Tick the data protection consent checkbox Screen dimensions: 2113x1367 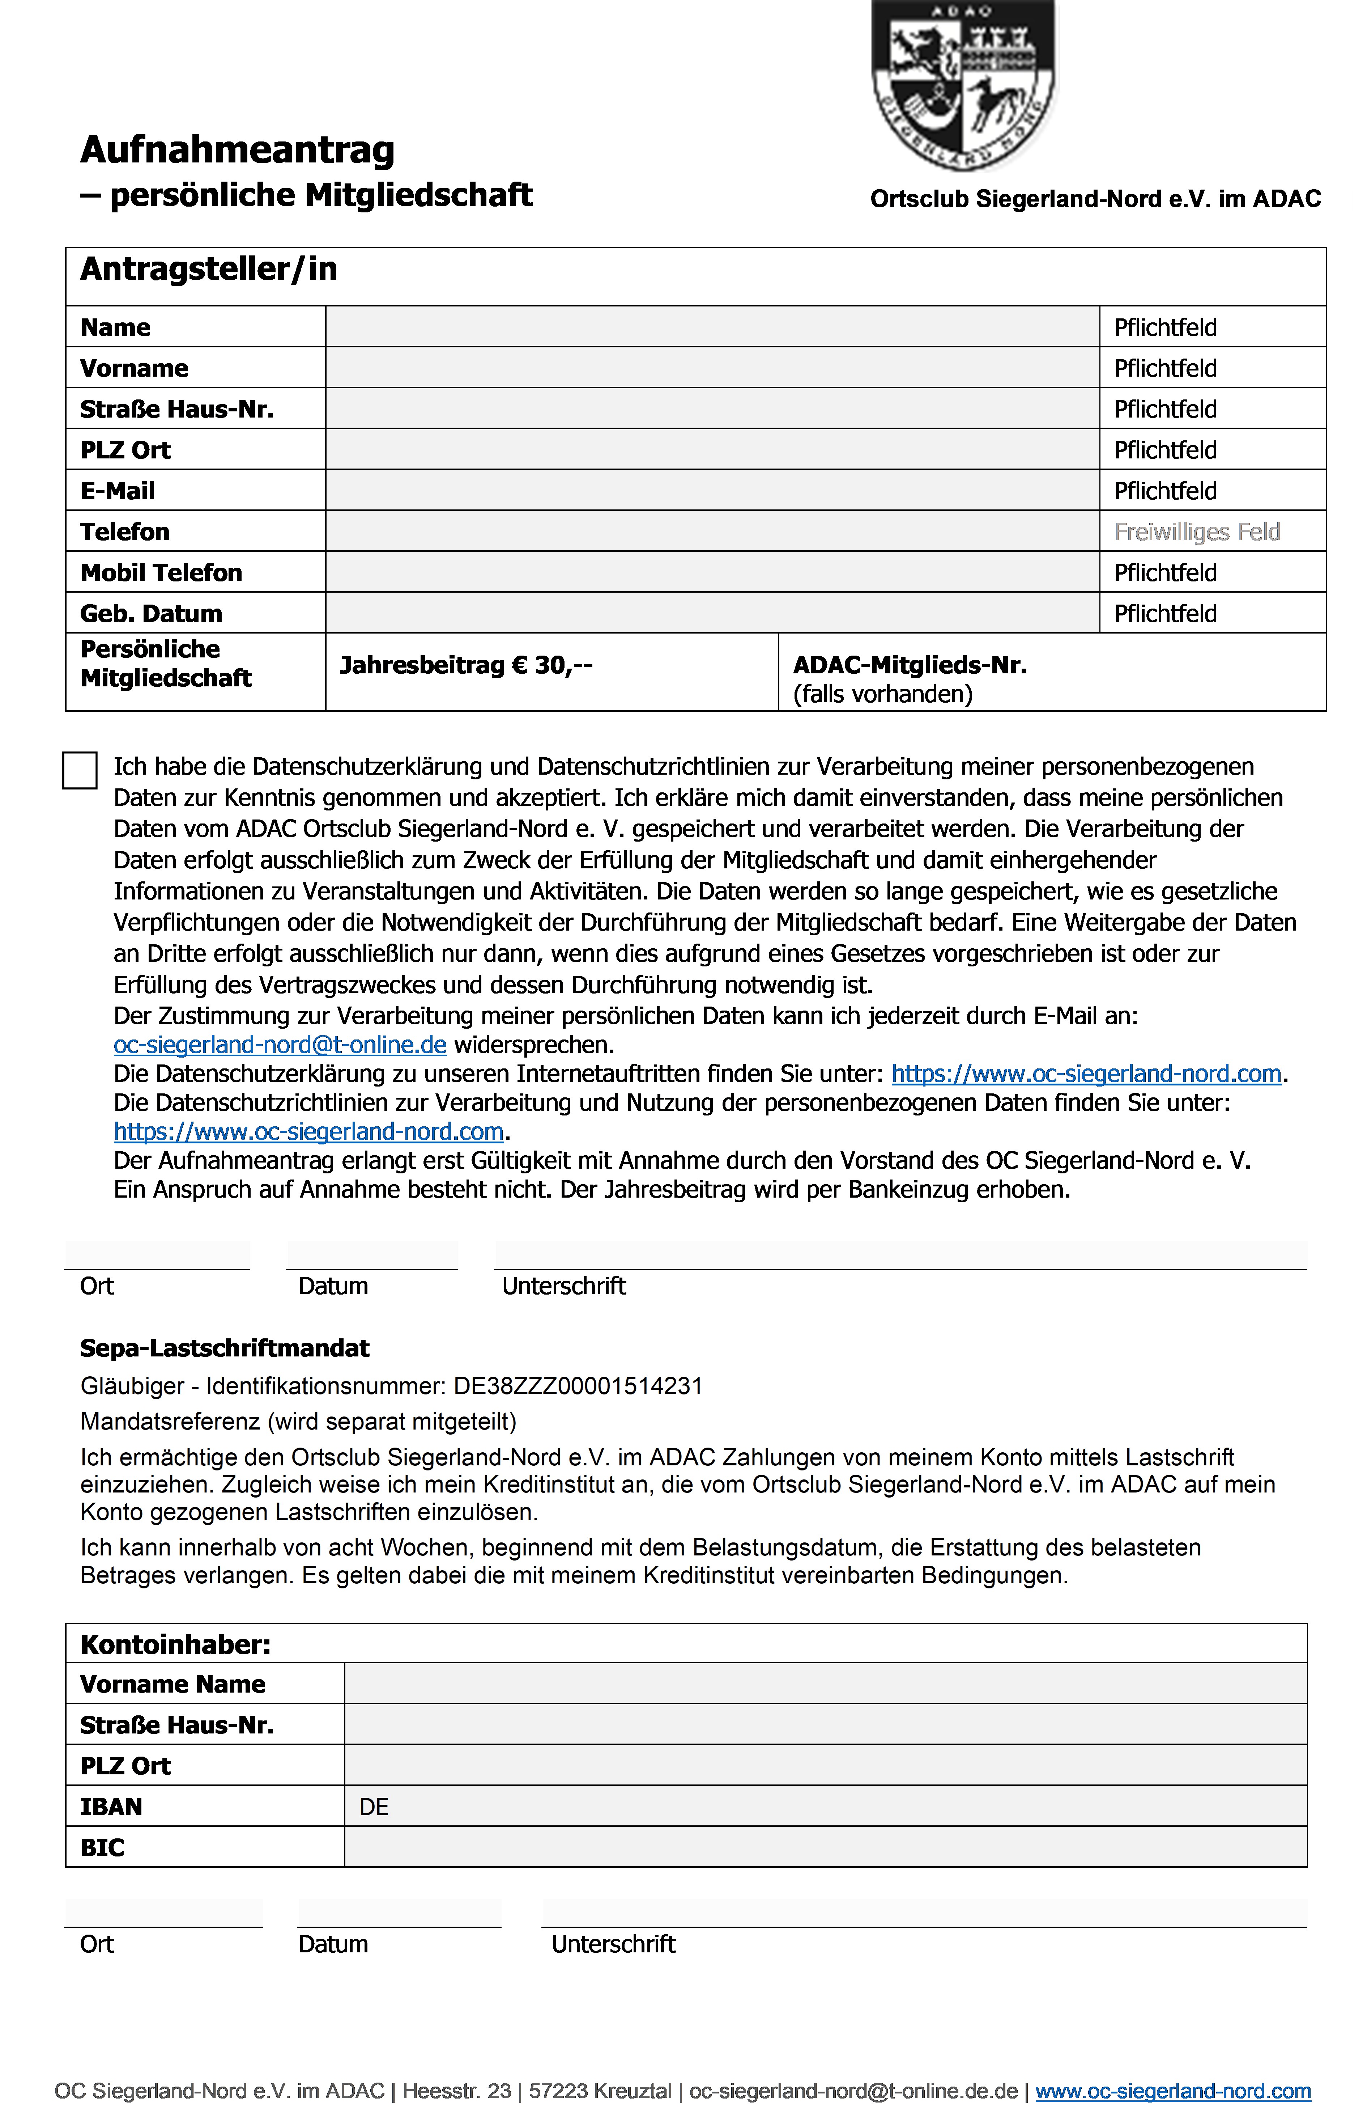coord(80,770)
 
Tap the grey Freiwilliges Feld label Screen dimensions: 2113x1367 coord(1197,532)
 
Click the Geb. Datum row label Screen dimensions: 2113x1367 coord(151,614)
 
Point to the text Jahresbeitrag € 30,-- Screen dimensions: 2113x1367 coord(466,665)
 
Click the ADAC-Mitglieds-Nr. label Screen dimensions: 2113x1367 coord(910,665)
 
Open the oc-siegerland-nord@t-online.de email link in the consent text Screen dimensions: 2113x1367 coord(280,1045)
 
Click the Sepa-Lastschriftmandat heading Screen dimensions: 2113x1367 coord(225,1348)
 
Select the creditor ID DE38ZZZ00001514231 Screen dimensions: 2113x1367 coord(578,1386)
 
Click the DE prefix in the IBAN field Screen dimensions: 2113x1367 coord(374,1807)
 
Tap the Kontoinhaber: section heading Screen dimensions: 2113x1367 coord(175,1644)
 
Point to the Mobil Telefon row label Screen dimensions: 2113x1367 coord(161,573)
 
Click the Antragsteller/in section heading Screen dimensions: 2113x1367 coord(209,269)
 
